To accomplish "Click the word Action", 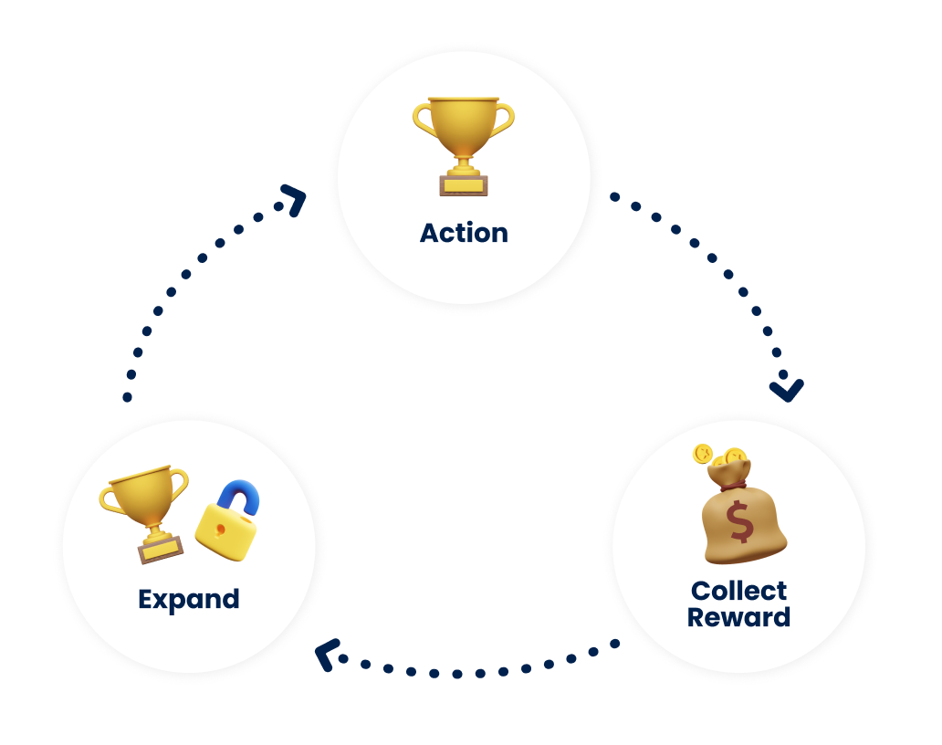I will (x=464, y=233).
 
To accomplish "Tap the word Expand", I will (x=189, y=599).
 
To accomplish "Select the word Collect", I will (x=738, y=591).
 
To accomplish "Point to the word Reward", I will (x=738, y=617).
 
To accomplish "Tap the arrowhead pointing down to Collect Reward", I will (x=786, y=390).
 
